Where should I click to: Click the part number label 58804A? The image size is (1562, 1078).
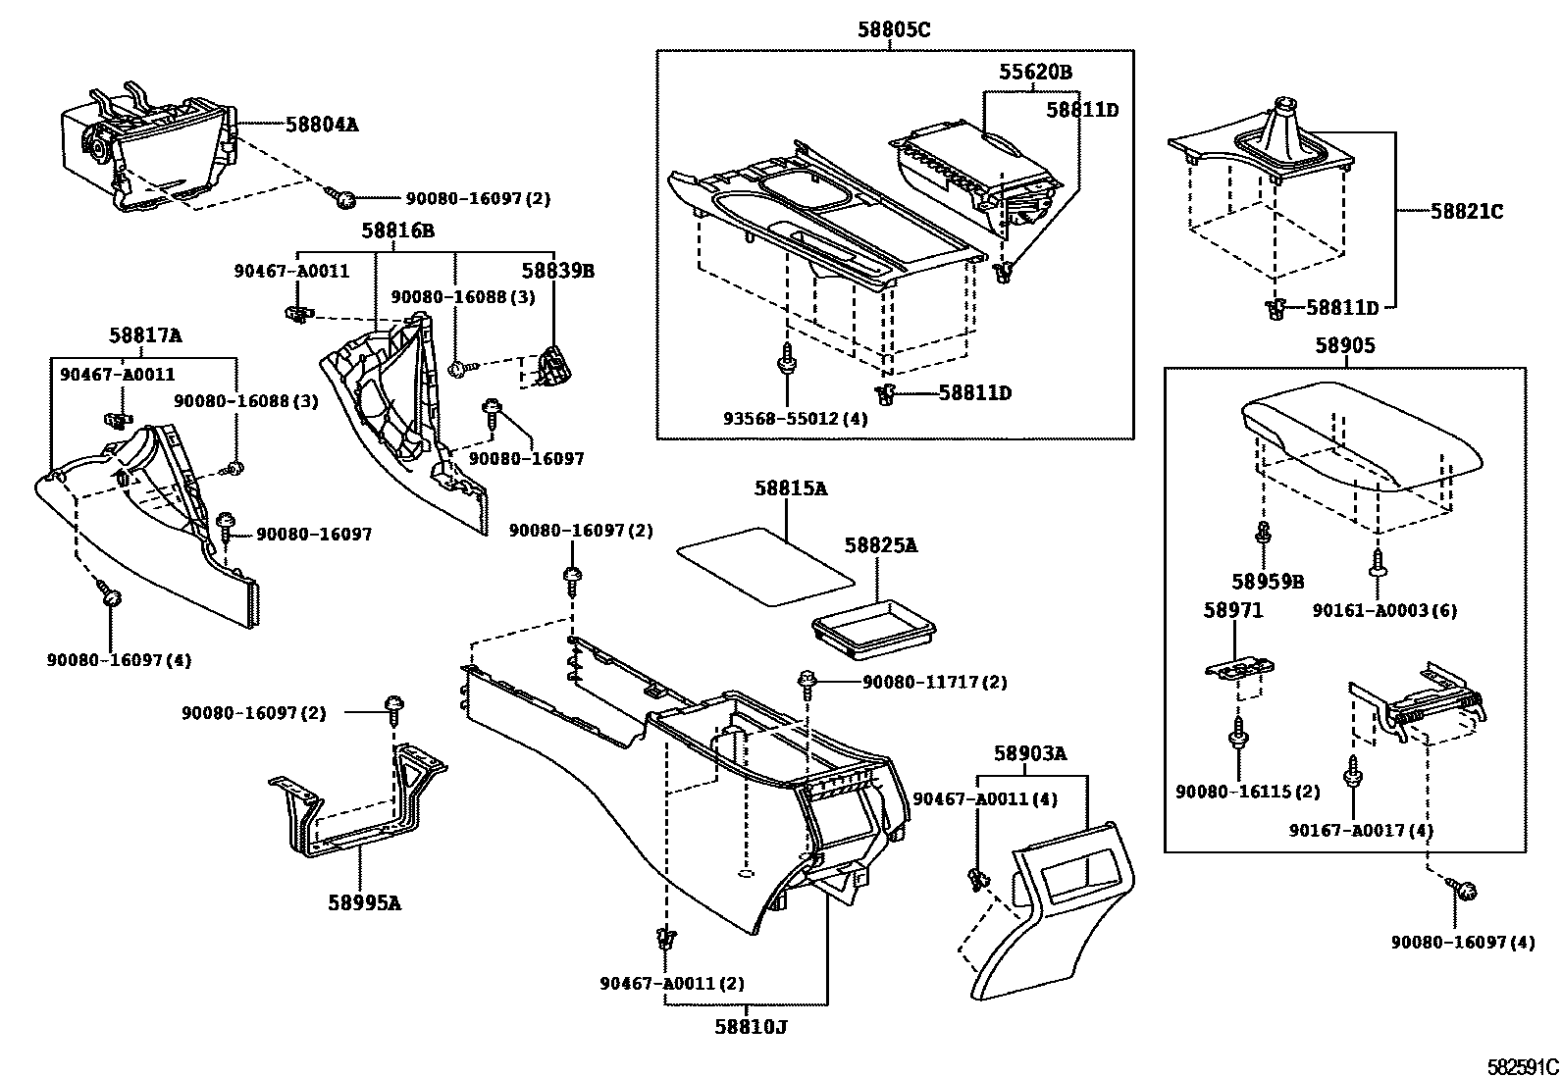point(322,125)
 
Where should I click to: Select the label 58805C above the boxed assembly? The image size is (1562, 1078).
point(894,30)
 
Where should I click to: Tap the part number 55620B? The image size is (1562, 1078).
point(1035,72)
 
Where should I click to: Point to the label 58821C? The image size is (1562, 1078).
point(1466,211)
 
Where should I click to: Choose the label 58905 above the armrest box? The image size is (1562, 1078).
point(1345,345)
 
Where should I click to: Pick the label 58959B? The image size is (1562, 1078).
point(1268,582)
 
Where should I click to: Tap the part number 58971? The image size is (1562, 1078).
point(1233,610)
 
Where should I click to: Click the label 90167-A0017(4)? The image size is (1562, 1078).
point(1361,831)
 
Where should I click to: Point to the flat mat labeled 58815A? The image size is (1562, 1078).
point(765,564)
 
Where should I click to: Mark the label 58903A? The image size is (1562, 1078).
point(1029,753)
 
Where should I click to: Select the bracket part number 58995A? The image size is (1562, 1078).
point(364,902)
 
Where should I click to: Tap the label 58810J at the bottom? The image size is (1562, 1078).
point(752,1027)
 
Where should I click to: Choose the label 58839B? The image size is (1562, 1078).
point(557,270)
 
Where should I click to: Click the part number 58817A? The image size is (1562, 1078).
point(145,335)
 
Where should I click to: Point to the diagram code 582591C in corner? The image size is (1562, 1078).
point(1520,1065)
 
